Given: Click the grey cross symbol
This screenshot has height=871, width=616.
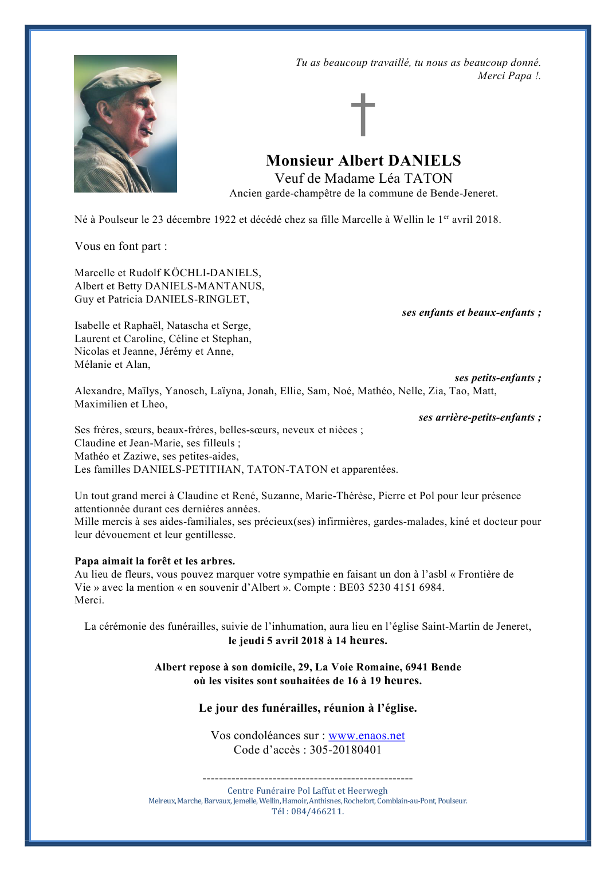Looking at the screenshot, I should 363,115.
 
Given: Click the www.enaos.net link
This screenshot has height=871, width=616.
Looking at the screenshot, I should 366,736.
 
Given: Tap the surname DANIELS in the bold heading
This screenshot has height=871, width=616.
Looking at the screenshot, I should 425,161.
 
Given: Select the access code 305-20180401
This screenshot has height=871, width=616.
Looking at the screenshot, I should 346,750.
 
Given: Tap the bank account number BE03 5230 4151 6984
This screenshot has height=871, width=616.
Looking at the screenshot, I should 391,587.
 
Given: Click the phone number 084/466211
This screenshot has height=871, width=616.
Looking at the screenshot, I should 317,811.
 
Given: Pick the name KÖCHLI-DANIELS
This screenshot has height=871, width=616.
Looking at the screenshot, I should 212,273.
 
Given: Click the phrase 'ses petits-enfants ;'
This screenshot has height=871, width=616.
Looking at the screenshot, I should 497,378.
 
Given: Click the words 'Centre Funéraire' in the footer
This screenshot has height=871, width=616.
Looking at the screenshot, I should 261,791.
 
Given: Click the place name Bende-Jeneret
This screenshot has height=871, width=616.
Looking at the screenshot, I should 464,194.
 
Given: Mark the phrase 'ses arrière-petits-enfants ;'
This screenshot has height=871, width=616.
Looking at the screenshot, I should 480,418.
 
